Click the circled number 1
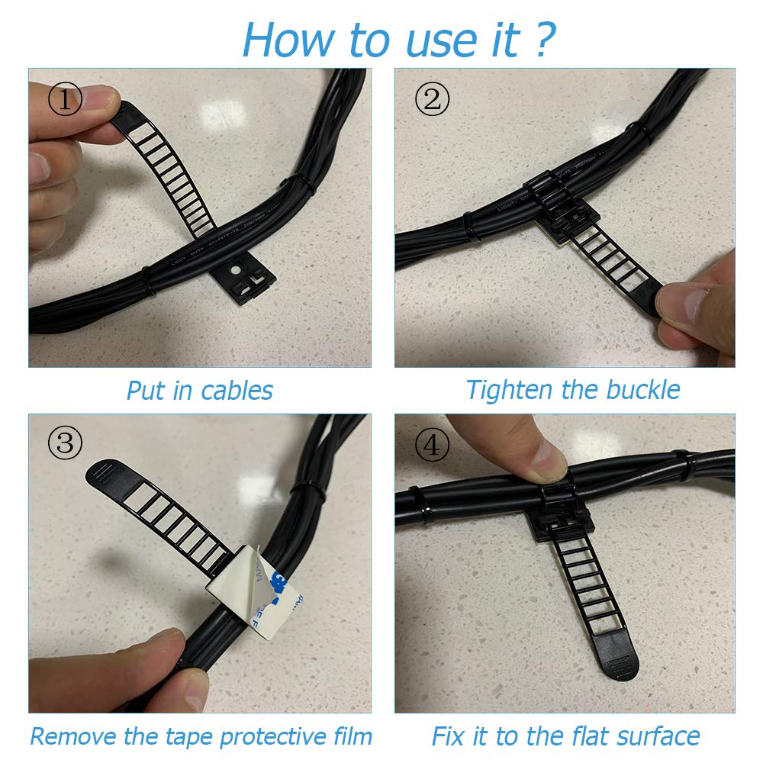(x=65, y=100)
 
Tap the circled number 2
(x=432, y=99)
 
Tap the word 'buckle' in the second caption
(x=642, y=390)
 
